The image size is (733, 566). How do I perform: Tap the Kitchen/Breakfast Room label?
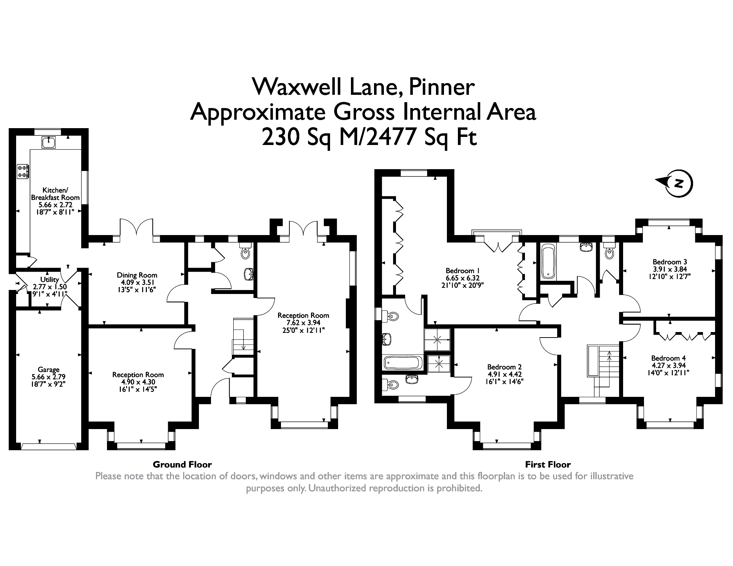coord(55,194)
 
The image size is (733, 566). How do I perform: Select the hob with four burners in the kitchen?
coord(23,171)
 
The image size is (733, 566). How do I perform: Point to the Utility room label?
coord(49,280)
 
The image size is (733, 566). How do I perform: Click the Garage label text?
coord(48,370)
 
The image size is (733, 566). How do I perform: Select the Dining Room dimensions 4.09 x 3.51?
coord(137,283)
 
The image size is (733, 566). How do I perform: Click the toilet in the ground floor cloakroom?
coord(245,252)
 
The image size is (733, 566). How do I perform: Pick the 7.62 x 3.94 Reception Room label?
coord(303,323)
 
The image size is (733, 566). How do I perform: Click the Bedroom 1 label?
coord(460,271)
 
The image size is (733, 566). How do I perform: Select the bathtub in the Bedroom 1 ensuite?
coord(402,363)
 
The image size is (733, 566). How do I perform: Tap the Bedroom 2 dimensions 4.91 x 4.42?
coord(504,374)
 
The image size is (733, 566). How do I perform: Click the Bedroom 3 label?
coord(670,262)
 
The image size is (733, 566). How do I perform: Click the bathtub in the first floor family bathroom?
coord(548,262)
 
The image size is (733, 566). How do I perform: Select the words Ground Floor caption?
coord(182,465)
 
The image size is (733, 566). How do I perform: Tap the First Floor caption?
coord(548,465)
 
